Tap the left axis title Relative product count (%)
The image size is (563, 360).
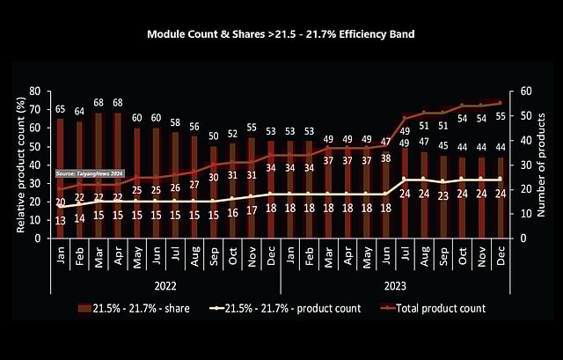[x=20, y=164]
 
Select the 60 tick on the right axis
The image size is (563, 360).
[x=524, y=91]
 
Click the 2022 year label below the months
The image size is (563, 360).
[x=165, y=285]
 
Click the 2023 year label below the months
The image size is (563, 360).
[x=395, y=285]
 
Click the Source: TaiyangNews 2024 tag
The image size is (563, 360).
[x=90, y=174]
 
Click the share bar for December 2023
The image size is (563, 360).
[x=500, y=197]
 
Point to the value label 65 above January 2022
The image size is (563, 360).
[x=60, y=109]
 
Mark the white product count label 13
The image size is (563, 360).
[x=60, y=221]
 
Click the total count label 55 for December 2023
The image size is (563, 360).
[x=500, y=116]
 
